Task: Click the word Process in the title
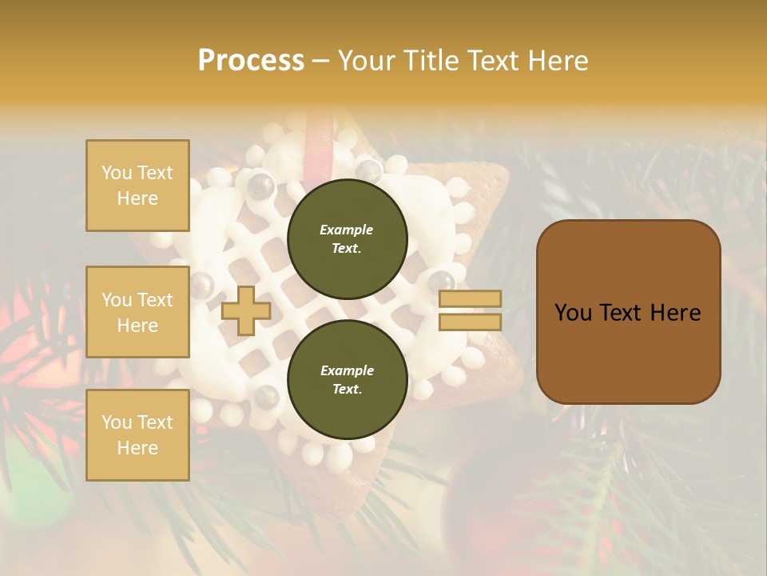click(251, 61)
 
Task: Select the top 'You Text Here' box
click(137, 186)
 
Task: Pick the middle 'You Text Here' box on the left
click(137, 312)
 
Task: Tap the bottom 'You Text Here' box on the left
click(137, 434)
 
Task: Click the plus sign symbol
click(245, 310)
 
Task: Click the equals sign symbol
click(471, 310)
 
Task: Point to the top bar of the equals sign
click(471, 299)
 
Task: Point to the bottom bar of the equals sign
click(471, 322)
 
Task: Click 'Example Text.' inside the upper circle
click(347, 238)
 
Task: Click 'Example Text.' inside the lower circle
click(347, 379)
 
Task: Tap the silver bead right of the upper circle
click(440, 280)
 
